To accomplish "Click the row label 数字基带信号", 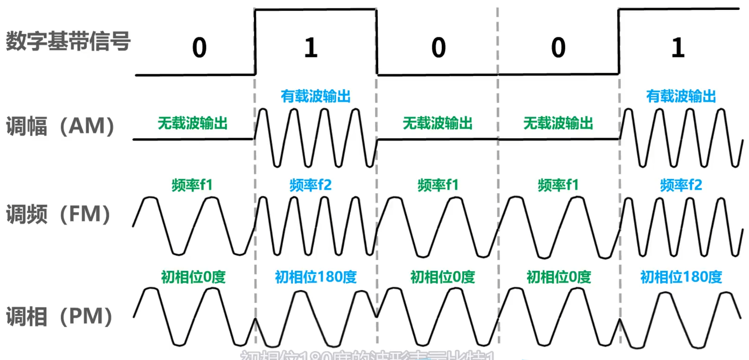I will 68,41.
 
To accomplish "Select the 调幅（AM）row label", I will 60,126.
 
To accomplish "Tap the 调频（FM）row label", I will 58,214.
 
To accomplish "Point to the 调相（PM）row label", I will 59,316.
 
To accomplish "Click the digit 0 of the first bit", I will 199,48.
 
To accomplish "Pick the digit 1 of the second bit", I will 311,48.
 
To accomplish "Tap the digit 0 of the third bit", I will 438,48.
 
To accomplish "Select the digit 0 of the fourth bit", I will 558,48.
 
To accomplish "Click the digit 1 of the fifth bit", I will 678,48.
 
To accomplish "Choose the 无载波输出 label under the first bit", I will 192,123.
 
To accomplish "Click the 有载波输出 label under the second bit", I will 316,96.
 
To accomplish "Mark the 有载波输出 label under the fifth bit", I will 681,96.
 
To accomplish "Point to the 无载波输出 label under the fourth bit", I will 558,123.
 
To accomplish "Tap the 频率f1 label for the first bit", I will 192,185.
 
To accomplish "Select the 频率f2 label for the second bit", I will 311,185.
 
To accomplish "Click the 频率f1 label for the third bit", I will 438,185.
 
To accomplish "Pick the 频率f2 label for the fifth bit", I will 681,185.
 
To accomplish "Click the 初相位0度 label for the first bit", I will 193,277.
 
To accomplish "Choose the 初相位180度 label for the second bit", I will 316,277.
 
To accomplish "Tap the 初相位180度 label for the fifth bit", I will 681,277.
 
